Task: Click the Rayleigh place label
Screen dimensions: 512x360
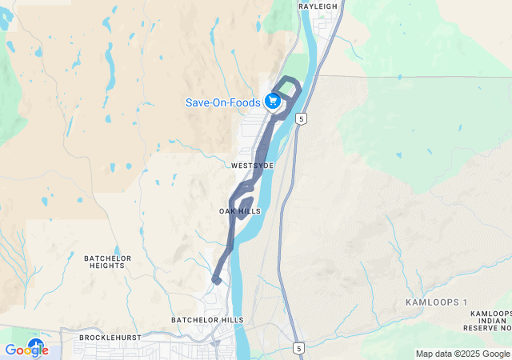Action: [x=318, y=6]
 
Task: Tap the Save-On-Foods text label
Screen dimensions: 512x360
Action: [x=223, y=102]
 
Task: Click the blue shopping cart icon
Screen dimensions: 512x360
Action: [x=273, y=101]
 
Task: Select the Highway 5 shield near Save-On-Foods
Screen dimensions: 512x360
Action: [x=301, y=118]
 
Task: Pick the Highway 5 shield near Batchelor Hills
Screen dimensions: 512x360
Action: [x=298, y=349]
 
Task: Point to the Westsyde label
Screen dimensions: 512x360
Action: [x=252, y=166]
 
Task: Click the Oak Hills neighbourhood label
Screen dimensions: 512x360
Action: [x=240, y=211]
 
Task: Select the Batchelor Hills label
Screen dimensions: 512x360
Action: [x=207, y=320]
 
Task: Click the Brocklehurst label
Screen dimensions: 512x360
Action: [x=110, y=338]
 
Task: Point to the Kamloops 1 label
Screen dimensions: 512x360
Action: [x=436, y=302]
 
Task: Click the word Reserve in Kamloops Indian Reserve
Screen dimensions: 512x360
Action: [x=480, y=328]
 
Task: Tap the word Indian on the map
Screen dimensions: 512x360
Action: [x=486, y=320]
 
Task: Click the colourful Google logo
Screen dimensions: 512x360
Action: [x=26, y=350]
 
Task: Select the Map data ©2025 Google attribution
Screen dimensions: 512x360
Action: [x=462, y=354]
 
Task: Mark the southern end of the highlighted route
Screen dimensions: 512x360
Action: [x=216, y=279]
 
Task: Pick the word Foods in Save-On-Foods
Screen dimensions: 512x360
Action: [x=244, y=102]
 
